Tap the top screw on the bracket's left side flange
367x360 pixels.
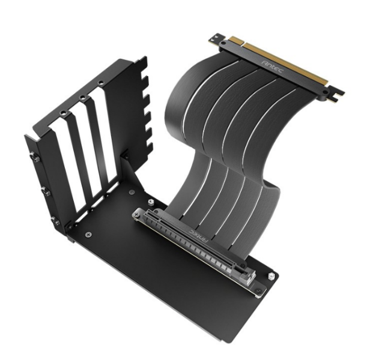[35, 158]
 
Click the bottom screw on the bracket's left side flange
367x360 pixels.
[56, 221]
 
